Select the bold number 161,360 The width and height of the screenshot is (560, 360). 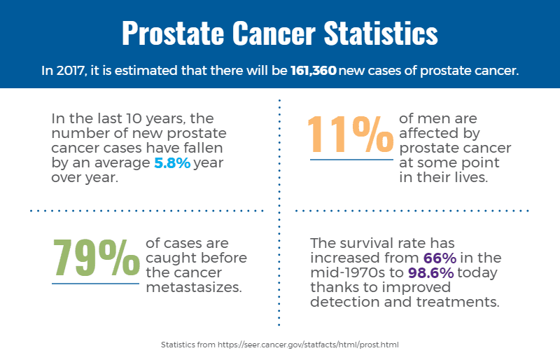pos(314,71)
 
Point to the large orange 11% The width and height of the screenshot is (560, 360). pos(351,134)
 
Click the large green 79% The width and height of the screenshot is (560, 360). pos(96,258)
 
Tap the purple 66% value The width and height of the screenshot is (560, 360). pos(440,258)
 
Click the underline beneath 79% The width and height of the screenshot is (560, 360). pos(96,284)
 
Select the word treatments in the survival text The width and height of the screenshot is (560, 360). pos(465,303)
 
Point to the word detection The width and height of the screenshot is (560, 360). pos(341,303)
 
